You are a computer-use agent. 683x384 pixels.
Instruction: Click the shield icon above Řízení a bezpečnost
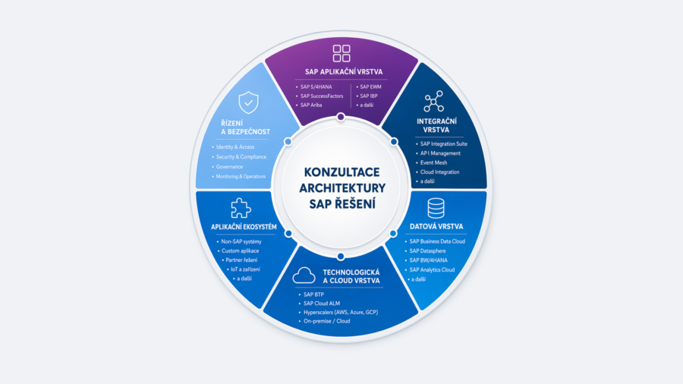(x=249, y=102)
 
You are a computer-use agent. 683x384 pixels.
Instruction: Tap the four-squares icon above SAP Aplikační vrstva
(x=341, y=54)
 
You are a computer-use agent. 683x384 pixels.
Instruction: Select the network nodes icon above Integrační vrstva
(x=434, y=102)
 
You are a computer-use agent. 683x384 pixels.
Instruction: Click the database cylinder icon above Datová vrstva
(x=436, y=208)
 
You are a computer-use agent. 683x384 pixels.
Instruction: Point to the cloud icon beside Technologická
(x=304, y=275)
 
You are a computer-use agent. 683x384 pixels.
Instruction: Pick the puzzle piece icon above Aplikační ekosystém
(x=241, y=208)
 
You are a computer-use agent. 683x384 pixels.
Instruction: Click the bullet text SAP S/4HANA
(x=316, y=87)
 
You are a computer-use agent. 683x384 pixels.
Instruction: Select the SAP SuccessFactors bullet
(x=322, y=96)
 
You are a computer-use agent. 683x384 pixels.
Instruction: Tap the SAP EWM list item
(x=370, y=87)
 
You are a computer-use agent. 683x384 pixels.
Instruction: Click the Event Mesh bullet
(x=434, y=163)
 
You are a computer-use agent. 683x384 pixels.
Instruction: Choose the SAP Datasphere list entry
(x=428, y=250)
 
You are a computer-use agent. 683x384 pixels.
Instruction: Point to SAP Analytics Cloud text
(x=432, y=270)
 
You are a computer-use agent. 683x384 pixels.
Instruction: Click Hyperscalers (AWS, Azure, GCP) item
(x=341, y=312)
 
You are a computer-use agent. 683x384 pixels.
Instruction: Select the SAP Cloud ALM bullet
(x=322, y=304)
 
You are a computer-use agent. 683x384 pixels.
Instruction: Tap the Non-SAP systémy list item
(x=241, y=241)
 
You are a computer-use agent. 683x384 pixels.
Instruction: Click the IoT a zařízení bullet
(x=245, y=269)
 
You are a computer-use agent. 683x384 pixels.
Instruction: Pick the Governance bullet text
(x=229, y=167)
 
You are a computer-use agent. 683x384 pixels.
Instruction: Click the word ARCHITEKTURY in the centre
(x=342, y=188)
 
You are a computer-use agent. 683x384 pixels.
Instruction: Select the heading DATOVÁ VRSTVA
(x=436, y=226)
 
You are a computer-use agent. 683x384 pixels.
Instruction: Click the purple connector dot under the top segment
(x=341, y=117)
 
